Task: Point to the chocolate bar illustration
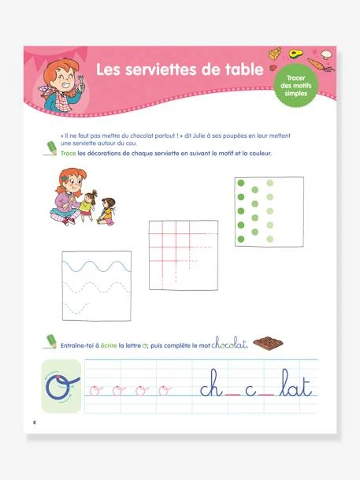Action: pos(269,344)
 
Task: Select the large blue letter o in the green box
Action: pos(61,387)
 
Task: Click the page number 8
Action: pos(35,423)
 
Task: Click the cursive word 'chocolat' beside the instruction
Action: pos(230,343)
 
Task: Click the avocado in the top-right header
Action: pos(297,54)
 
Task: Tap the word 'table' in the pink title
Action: pos(239,70)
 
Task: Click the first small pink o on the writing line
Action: pos(95,389)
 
